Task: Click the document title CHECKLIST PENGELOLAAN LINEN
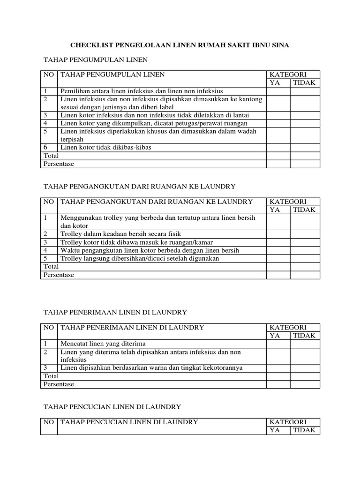[180, 45]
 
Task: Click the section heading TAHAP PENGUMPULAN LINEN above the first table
[96, 60]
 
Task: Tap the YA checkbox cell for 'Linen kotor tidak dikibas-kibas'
[278, 147]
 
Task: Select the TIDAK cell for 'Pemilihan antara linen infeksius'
[305, 91]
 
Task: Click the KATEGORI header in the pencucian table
[287, 422]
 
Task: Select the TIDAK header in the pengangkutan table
[305, 210]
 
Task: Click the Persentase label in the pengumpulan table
[59, 164]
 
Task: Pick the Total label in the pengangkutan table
[51, 266]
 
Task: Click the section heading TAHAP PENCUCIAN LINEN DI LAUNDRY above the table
[112, 406]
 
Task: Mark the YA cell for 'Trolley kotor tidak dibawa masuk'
[278, 242]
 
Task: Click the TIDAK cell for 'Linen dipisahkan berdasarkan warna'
[305, 367]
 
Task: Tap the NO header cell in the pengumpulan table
[49, 75]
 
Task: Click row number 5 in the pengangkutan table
[45, 258]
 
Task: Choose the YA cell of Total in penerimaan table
[278, 376]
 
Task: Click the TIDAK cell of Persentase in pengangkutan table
[305, 275]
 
